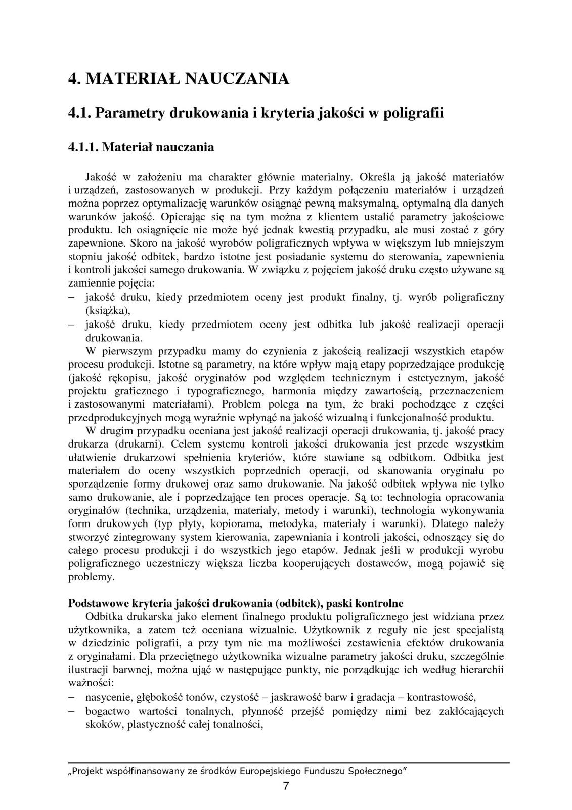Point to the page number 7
click(x=286, y=786)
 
